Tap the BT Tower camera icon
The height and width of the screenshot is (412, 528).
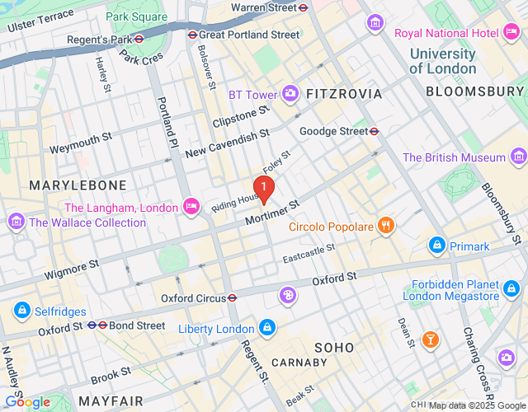tap(290, 94)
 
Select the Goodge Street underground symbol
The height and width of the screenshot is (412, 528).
tap(374, 131)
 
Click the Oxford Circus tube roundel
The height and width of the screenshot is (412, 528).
tap(233, 297)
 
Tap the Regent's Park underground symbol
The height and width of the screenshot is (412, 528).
tap(139, 37)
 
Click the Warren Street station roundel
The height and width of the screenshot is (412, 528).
tap(304, 7)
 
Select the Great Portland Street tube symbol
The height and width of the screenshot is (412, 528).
tap(192, 35)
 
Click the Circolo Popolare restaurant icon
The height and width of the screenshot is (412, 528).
tap(384, 226)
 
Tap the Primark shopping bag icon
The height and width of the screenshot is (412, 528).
tap(436, 246)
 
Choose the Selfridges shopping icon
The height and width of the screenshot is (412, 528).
tap(22, 311)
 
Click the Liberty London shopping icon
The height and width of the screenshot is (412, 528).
tap(266, 329)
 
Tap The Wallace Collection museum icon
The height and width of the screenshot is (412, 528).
tap(16, 222)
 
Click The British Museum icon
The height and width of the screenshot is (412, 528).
tap(517, 157)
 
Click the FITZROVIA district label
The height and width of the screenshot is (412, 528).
tap(344, 94)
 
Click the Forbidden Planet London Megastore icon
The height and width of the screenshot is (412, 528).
tap(511, 288)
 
